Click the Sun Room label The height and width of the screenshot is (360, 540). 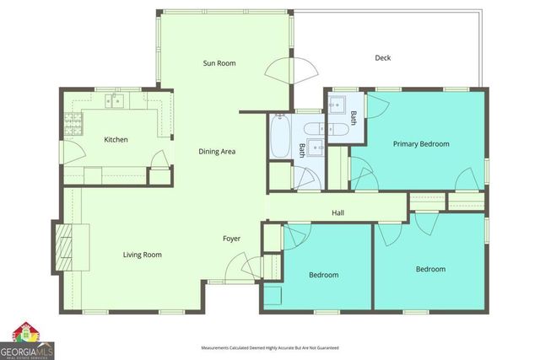coord(219,63)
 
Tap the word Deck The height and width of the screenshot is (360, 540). coord(383,58)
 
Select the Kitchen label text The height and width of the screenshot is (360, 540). coord(116,139)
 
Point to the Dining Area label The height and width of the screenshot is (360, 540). coord(217,152)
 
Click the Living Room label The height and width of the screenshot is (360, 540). coord(142,255)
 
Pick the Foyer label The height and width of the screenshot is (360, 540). coord(231,239)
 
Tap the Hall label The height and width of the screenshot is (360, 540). coord(337,212)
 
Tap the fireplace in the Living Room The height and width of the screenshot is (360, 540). coord(65,245)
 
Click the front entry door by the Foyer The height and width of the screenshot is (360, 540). coord(251,271)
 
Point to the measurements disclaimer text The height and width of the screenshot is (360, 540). coord(269,347)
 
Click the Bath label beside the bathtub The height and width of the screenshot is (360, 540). coord(302,150)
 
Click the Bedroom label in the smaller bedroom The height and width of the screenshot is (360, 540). coord(323,275)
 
